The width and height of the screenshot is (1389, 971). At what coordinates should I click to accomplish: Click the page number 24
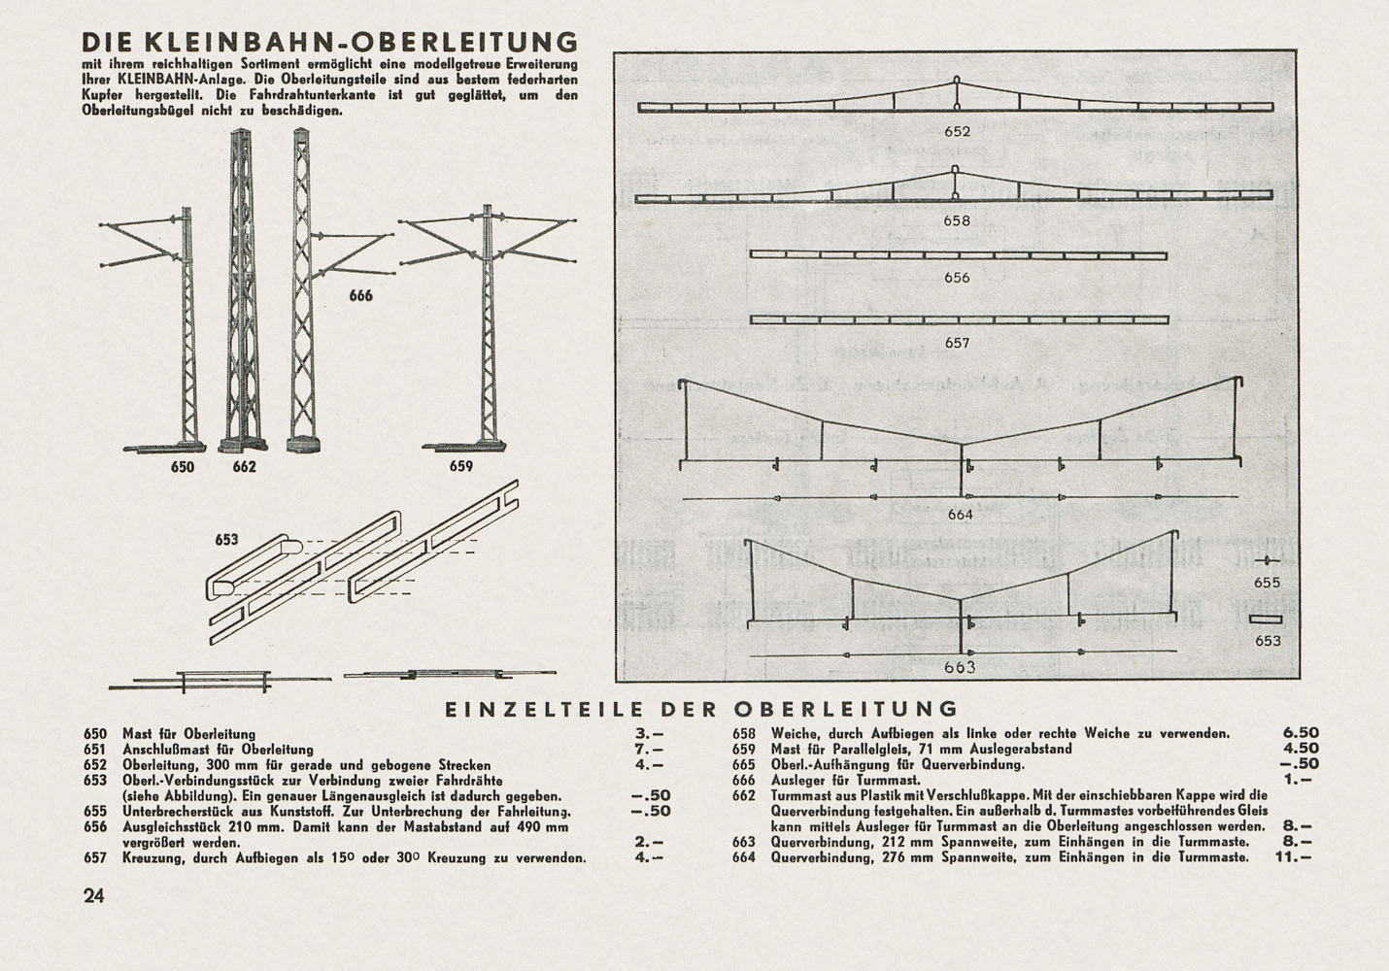[x=93, y=896]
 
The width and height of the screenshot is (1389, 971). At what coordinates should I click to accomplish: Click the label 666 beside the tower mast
[x=360, y=295]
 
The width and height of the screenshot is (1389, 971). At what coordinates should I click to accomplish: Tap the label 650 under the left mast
[x=183, y=467]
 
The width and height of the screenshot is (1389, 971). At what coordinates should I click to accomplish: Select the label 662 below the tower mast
[x=244, y=467]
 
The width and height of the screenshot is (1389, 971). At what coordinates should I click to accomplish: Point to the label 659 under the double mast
[x=460, y=467]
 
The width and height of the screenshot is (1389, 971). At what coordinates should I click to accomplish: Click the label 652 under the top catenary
[x=957, y=132]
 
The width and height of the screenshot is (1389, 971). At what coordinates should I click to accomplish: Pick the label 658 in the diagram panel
[x=957, y=220]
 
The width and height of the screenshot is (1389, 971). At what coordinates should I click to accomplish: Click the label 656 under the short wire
[x=957, y=278]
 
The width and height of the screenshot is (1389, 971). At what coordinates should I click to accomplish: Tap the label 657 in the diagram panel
[x=957, y=343]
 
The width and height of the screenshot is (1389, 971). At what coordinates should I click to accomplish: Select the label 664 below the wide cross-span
[x=960, y=515]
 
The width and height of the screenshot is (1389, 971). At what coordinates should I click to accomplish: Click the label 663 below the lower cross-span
[x=960, y=667]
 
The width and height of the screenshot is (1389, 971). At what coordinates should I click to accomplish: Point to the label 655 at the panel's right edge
[x=1268, y=583]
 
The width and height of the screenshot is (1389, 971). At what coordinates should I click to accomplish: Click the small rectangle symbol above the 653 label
[x=1267, y=619]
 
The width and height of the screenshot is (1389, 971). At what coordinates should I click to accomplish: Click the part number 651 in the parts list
[x=94, y=750]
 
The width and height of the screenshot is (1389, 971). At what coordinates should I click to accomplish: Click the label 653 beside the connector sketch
[x=226, y=540]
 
